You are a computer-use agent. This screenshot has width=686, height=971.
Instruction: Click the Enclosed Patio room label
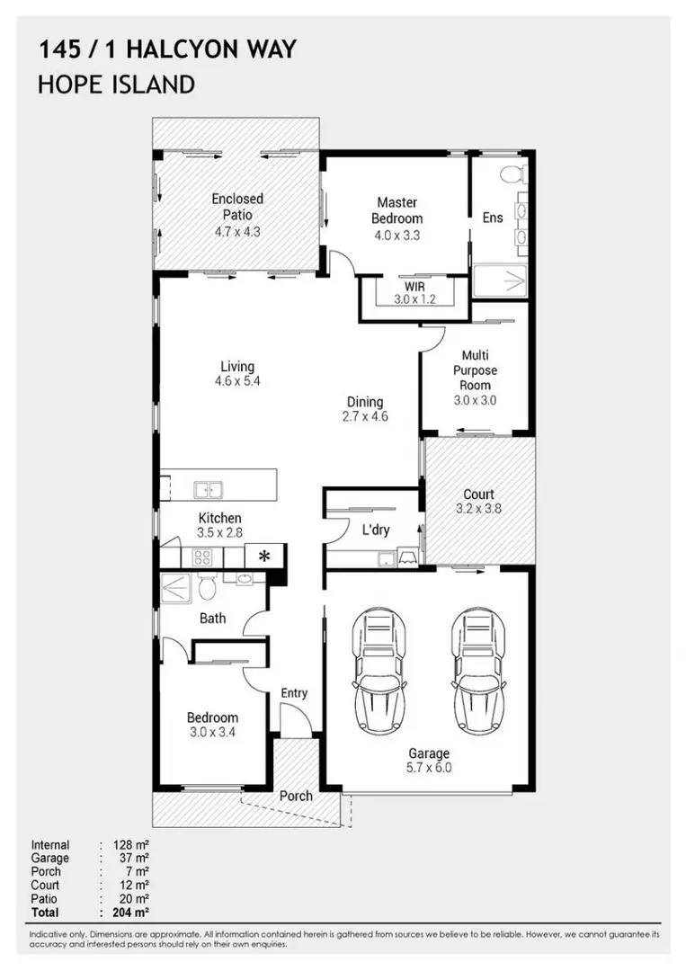click(x=237, y=207)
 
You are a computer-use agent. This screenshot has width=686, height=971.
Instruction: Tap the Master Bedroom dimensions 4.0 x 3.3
click(x=396, y=236)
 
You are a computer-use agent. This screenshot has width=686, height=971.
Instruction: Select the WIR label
click(x=414, y=288)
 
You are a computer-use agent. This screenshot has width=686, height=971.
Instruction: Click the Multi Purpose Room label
click(x=475, y=370)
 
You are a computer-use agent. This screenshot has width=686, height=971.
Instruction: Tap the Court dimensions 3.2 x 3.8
click(x=478, y=509)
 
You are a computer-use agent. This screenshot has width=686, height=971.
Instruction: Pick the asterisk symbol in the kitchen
click(x=264, y=557)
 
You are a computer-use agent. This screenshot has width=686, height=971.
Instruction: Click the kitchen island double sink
click(x=208, y=490)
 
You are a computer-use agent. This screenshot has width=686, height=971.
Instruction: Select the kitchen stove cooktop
click(x=202, y=557)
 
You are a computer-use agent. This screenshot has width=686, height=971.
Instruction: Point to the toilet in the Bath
click(x=208, y=586)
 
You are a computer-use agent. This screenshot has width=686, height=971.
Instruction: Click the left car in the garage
click(x=379, y=670)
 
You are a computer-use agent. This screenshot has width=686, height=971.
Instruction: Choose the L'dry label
click(x=376, y=530)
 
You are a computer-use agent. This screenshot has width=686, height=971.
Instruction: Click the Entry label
click(x=294, y=693)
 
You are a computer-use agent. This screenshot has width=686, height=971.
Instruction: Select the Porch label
click(x=296, y=796)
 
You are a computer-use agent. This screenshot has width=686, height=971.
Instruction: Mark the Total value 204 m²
click(x=130, y=913)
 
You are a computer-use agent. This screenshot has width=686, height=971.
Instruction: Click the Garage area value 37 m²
click(x=134, y=859)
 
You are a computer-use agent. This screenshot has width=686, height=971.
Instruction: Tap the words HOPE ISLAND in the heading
click(x=116, y=85)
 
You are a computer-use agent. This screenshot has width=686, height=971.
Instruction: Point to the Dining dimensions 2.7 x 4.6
click(x=365, y=417)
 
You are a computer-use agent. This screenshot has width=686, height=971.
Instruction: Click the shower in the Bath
click(x=176, y=588)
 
